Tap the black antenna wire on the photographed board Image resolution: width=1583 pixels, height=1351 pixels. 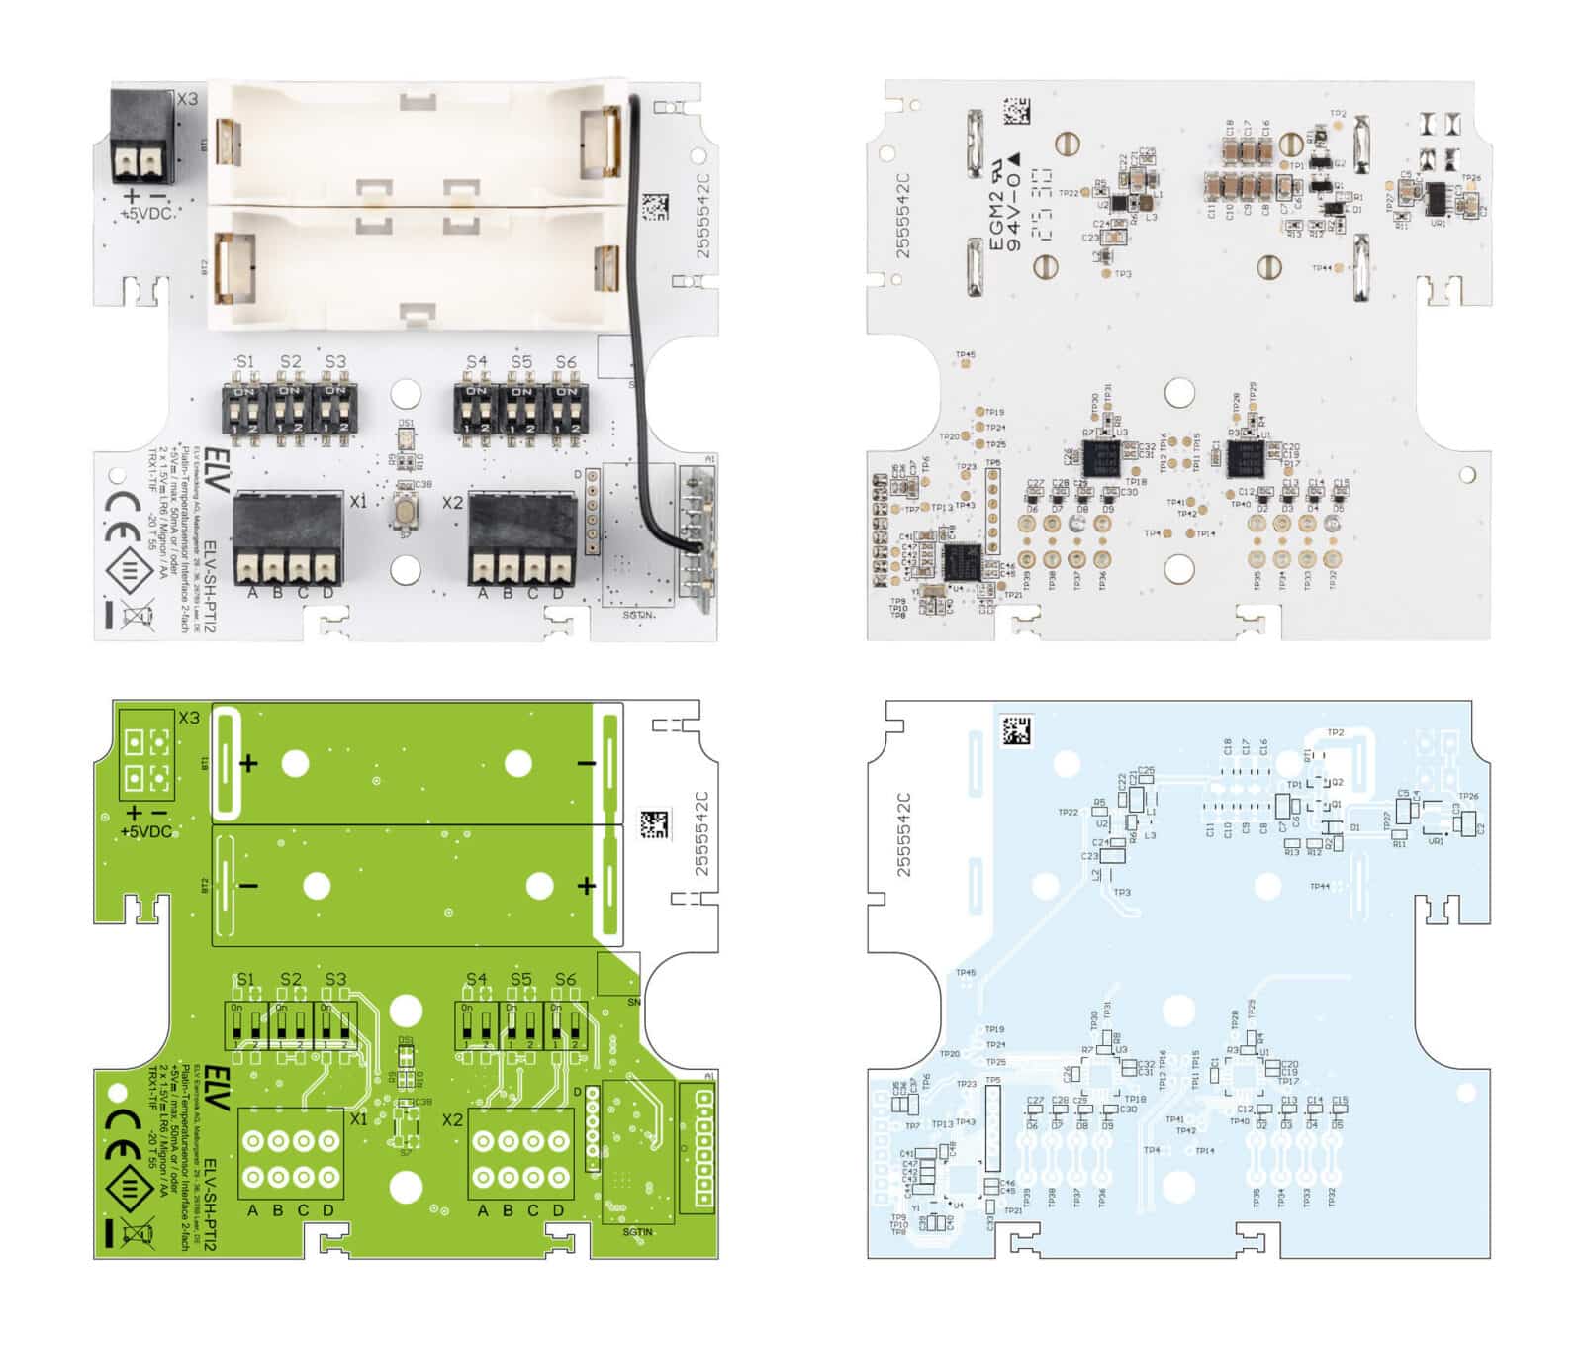click(634, 297)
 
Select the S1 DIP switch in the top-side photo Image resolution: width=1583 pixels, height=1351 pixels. click(243, 407)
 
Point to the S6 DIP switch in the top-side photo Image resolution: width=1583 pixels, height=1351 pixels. click(566, 407)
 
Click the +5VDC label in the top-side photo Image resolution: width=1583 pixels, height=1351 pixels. click(146, 213)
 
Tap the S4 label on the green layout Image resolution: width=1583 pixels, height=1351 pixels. click(476, 979)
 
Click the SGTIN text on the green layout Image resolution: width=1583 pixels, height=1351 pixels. click(638, 1231)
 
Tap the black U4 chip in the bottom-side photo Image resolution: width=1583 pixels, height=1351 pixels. click(961, 561)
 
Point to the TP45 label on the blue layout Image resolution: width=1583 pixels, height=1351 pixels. click(965, 973)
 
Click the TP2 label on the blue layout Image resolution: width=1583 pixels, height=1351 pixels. click(1335, 733)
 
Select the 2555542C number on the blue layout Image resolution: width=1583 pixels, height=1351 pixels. click(902, 832)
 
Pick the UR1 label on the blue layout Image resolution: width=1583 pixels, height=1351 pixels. click(1436, 841)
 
